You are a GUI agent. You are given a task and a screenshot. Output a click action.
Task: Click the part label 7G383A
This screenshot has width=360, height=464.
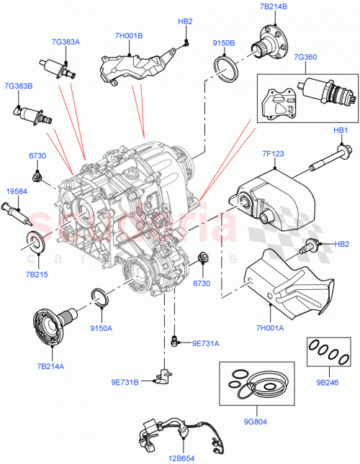(x=65, y=42)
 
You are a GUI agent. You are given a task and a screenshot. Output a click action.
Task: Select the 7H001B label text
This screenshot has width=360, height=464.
(x=128, y=35)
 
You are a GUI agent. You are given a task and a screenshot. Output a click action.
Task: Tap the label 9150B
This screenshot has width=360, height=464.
(x=224, y=43)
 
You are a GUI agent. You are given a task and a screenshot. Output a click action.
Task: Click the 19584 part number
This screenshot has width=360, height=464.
(x=16, y=192)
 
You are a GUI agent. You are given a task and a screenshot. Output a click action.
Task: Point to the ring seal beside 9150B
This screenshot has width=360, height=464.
(x=230, y=70)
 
